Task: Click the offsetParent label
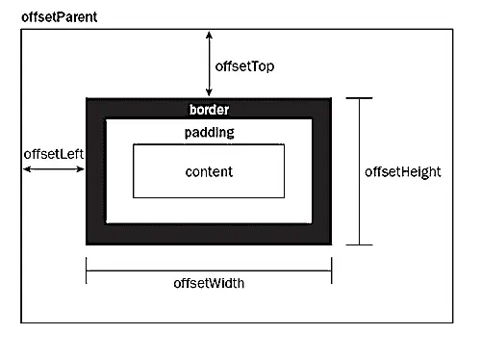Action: tap(58, 18)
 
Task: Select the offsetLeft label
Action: tap(52, 153)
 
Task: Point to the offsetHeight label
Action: tap(403, 172)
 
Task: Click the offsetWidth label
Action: tap(209, 283)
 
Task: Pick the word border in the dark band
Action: tap(209, 110)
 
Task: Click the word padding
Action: tap(209, 133)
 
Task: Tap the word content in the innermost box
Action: tap(209, 171)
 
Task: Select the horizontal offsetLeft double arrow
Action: tap(54, 168)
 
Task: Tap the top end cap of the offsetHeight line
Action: tap(359, 98)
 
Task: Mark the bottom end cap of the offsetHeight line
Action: tap(359, 244)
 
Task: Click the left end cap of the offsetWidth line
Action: tap(87, 270)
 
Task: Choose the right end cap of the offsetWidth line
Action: tap(331, 270)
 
